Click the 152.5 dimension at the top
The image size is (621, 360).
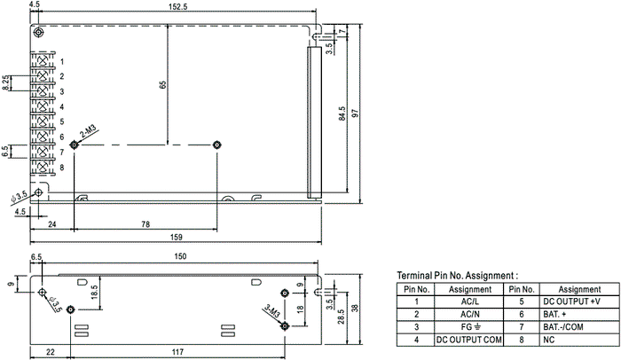177,7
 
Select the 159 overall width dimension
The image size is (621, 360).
177,238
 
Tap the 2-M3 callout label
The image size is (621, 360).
88,131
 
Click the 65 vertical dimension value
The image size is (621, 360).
162,85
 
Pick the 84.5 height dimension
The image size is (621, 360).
342,113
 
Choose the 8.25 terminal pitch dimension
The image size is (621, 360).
6,82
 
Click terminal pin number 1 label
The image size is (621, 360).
62,61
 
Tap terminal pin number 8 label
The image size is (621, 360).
62,168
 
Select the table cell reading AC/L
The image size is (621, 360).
469,301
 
